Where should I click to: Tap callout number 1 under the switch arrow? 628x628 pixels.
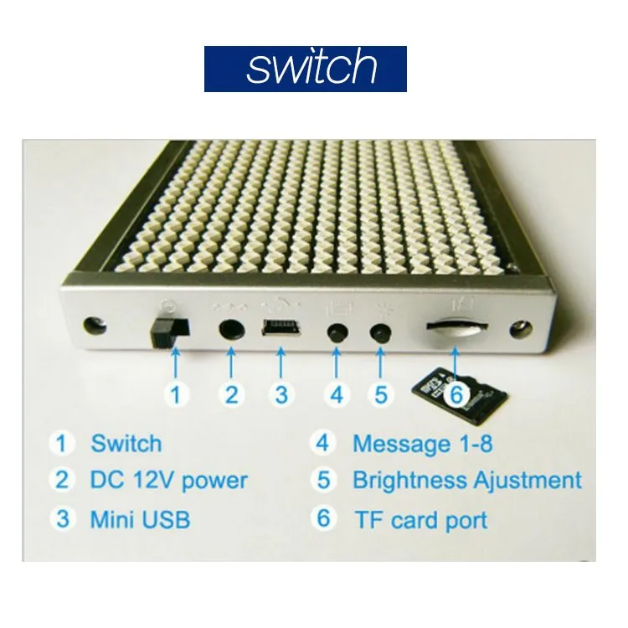175,394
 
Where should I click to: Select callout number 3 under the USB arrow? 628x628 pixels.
282,394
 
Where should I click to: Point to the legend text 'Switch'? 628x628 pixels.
126,443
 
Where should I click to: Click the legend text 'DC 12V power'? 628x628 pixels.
168,481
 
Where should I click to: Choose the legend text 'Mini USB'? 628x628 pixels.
140,519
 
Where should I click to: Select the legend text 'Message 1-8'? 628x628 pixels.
422,443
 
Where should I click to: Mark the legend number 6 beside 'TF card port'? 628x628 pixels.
323,518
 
